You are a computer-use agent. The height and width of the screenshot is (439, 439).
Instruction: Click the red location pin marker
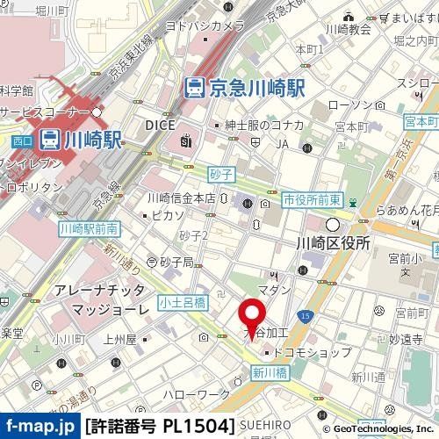[254, 317]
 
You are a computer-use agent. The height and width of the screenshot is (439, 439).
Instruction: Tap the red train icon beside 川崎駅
[50, 138]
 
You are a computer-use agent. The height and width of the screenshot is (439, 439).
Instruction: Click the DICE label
[161, 125]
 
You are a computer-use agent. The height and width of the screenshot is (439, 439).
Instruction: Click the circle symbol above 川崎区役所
[333, 223]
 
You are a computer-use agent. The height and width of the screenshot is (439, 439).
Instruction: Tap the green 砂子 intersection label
[219, 176]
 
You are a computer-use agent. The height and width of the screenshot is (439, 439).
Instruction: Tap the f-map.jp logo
[40, 427]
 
